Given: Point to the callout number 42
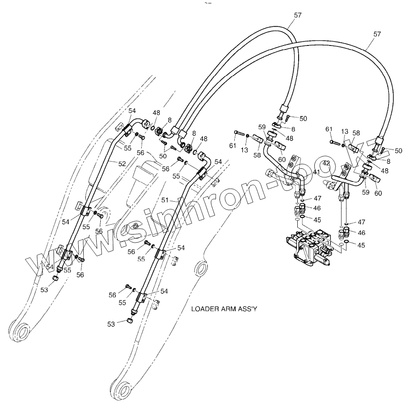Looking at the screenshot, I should pyautogui.click(x=327, y=163).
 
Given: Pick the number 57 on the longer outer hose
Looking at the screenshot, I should pyautogui.click(x=377, y=34).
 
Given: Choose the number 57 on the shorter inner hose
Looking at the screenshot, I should pyautogui.click(x=298, y=15).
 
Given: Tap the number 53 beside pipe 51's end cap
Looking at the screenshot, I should pyautogui.click(x=111, y=323).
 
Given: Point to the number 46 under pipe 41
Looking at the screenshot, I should pyautogui.click(x=317, y=208).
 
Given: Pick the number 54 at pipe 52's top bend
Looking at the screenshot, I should pyautogui.click(x=132, y=111).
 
